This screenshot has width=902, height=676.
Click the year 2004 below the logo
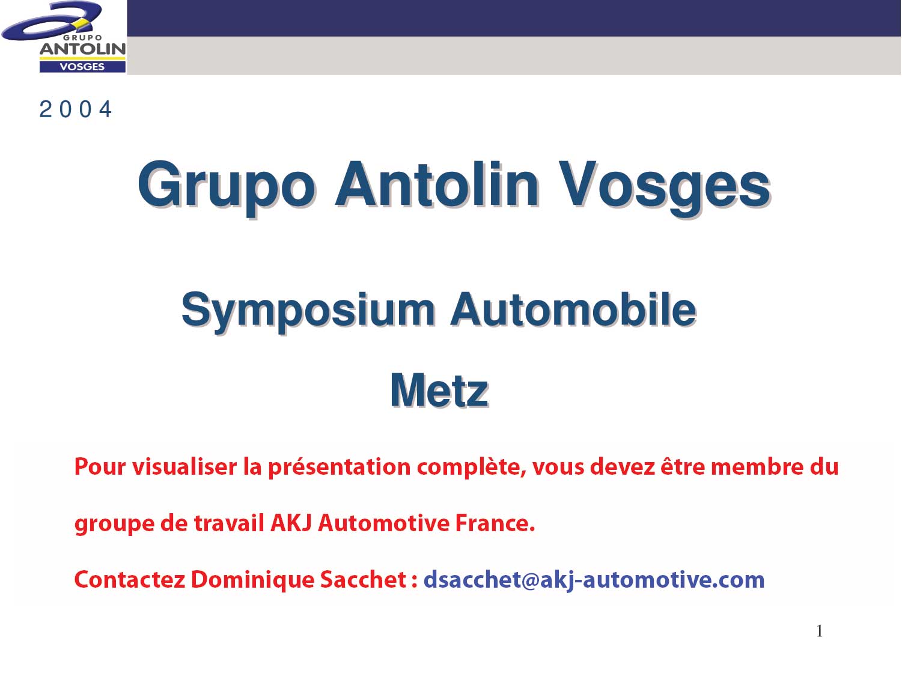(x=76, y=109)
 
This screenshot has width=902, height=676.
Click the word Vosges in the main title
(x=663, y=187)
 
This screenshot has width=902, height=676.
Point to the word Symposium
(x=308, y=312)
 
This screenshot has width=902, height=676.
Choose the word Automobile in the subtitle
(x=573, y=309)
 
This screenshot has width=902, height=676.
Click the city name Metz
(x=439, y=391)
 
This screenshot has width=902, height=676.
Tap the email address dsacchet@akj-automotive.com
(x=594, y=580)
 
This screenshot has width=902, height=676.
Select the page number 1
(x=820, y=631)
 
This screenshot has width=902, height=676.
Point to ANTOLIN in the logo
(x=82, y=49)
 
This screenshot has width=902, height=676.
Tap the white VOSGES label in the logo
(x=82, y=67)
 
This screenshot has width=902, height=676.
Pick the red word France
(x=495, y=523)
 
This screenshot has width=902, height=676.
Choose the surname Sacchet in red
(x=364, y=580)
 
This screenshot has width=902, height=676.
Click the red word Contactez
(x=129, y=580)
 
